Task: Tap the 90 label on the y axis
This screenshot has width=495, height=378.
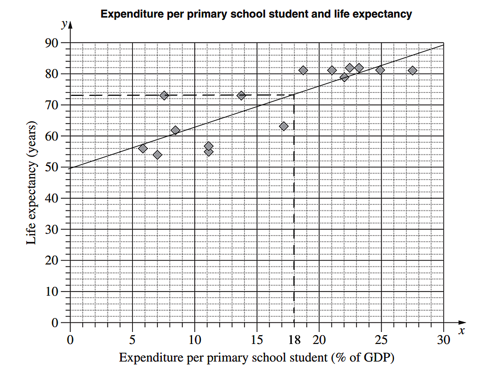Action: click(x=52, y=43)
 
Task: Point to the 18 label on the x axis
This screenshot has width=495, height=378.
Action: click(x=294, y=340)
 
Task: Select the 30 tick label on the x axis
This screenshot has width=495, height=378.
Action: click(x=443, y=340)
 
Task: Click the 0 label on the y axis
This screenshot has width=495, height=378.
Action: click(x=55, y=322)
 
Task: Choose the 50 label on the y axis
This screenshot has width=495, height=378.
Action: click(x=52, y=167)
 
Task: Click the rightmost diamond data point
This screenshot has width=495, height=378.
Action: click(x=413, y=71)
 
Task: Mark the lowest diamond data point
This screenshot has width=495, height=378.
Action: click(x=157, y=155)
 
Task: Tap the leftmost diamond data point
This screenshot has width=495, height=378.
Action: click(x=143, y=149)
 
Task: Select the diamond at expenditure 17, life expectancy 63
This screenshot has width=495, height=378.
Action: click(x=284, y=126)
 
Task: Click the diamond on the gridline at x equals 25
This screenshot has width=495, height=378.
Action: click(x=380, y=70)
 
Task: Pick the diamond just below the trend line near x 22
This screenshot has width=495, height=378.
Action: click(x=344, y=77)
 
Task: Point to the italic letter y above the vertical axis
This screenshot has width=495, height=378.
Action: click(x=64, y=24)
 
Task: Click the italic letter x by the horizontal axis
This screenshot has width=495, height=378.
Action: click(x=462, y=331)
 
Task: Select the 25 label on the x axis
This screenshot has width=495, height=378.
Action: click(x=381, y=340)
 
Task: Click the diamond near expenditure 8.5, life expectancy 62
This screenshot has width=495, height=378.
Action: click(x=175, y=130)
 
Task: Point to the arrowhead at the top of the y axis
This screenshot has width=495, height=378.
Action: click(x=71, y=25)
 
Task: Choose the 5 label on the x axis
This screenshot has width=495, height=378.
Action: click(x=132, y=340)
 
